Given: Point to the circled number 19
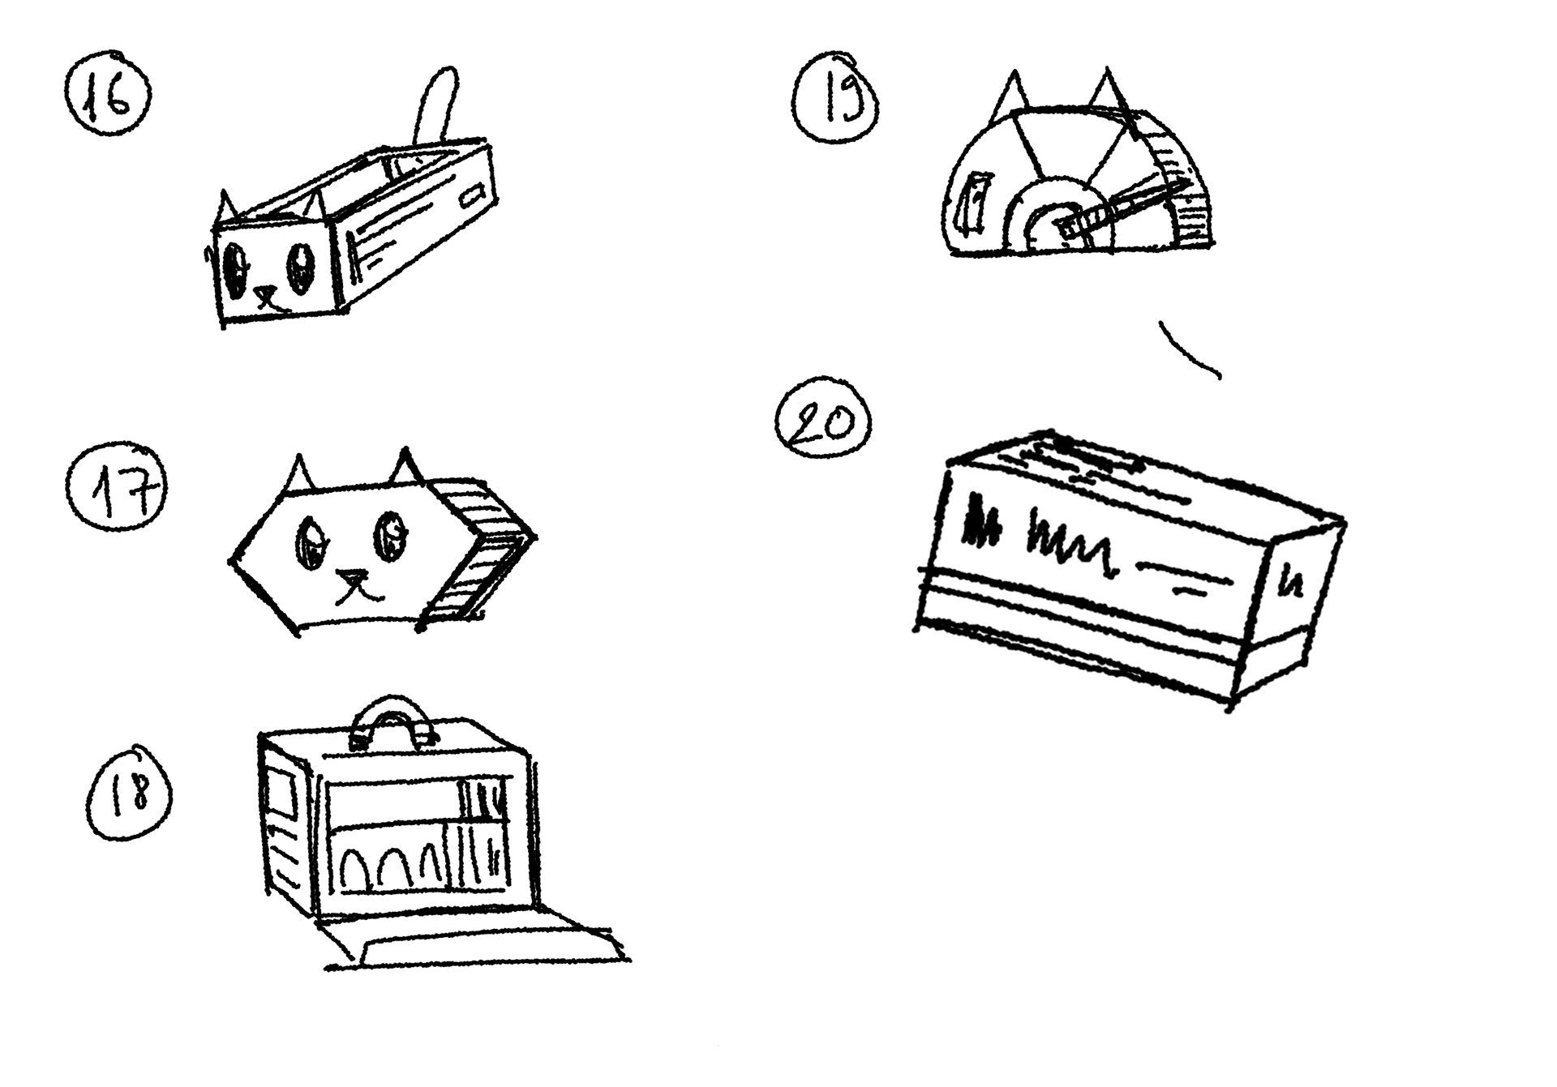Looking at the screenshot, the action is tap(838, 104).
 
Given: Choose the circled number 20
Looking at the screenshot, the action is tap(823, 424).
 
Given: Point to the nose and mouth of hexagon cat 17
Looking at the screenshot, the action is tap(357, 586).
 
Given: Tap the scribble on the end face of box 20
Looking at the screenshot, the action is tap(1293, 583).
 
